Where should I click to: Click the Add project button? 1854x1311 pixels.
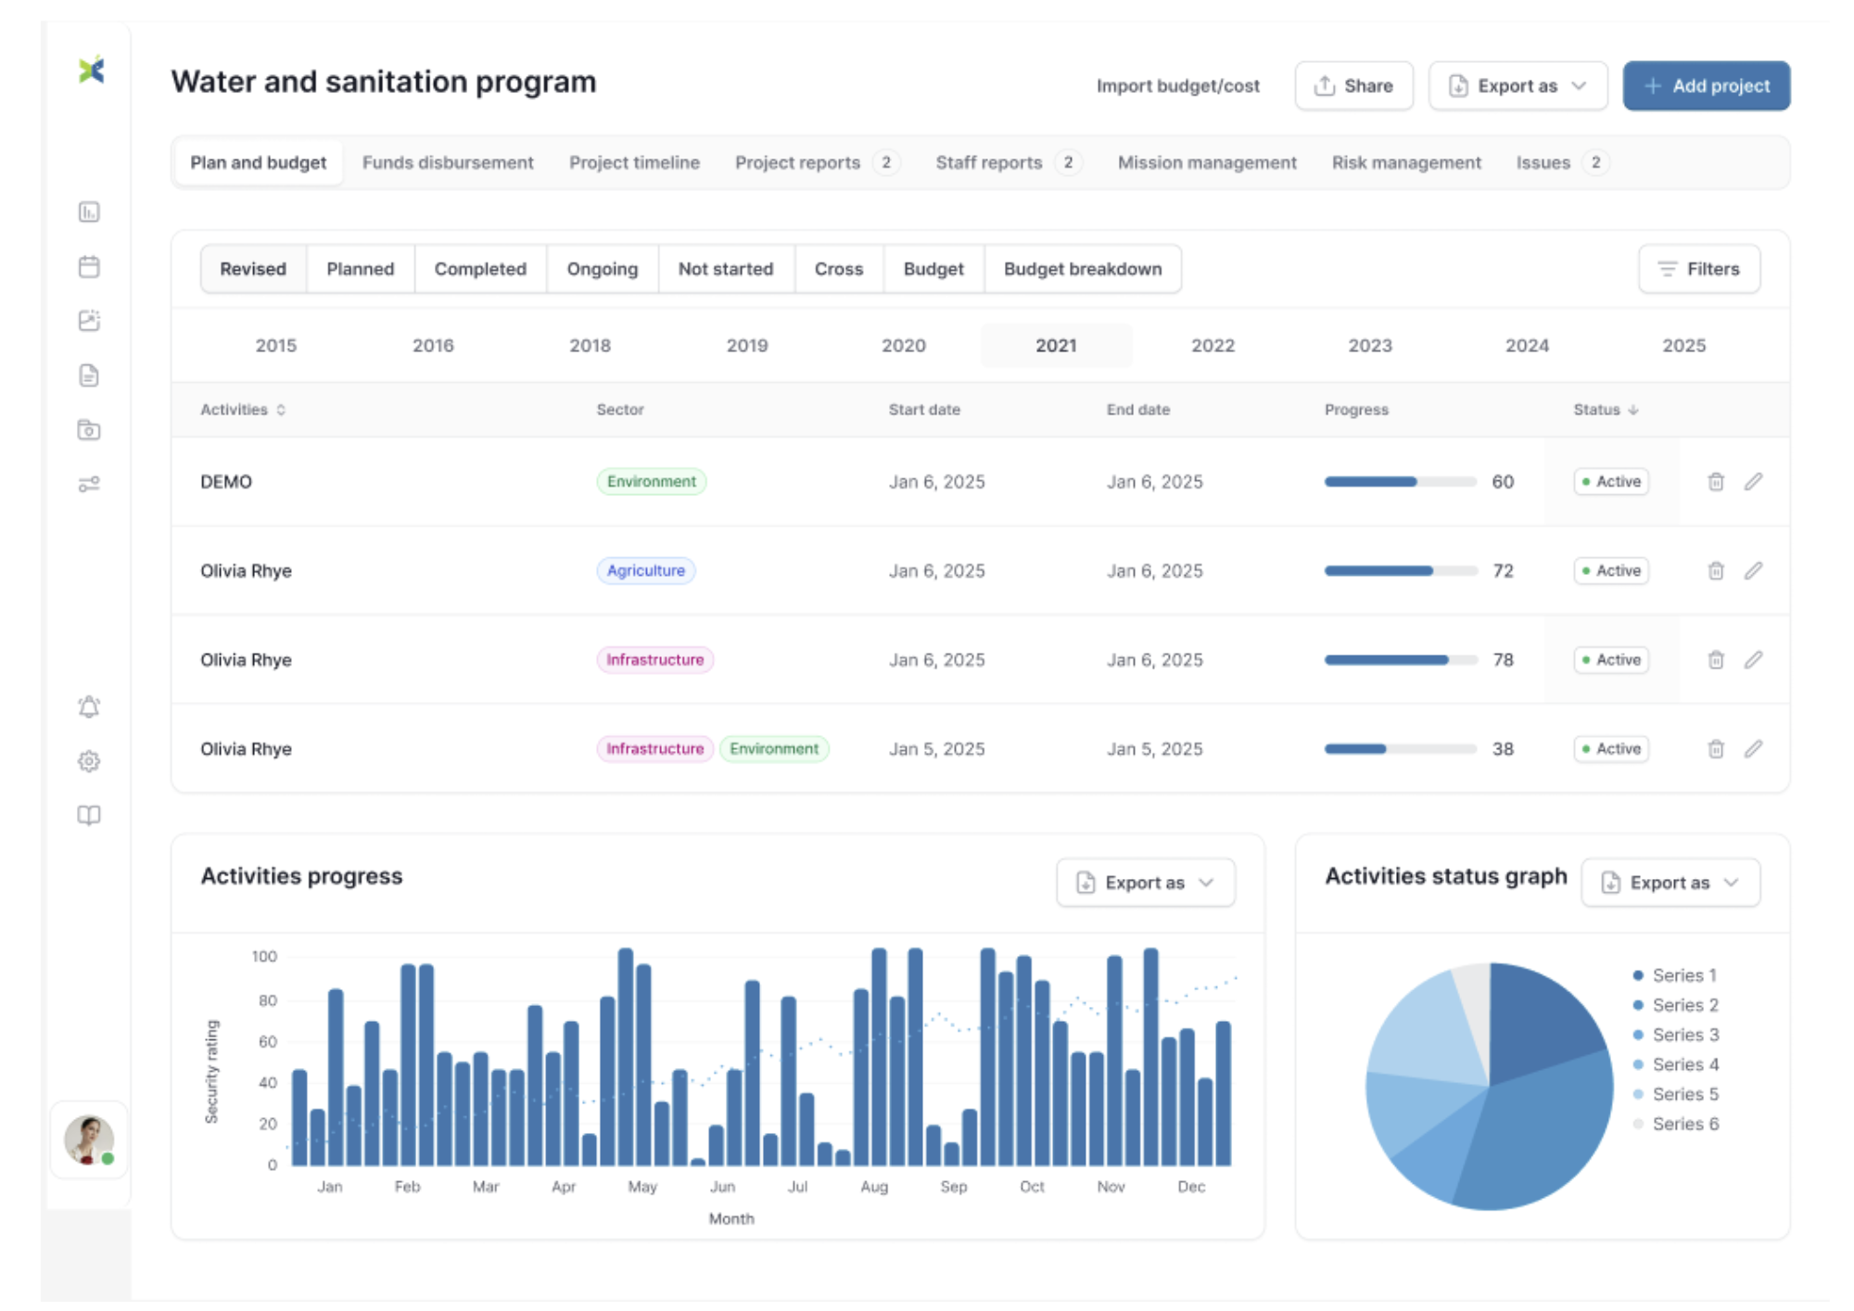1706,86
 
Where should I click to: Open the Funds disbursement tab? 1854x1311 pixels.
448,163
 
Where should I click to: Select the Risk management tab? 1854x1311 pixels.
1405,163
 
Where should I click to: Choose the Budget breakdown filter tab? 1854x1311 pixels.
1082,269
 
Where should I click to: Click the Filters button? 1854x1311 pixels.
1698,269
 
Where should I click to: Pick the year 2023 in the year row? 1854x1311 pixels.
1369,346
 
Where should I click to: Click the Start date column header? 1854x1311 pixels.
923,410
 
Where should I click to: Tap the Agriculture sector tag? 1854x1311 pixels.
645,571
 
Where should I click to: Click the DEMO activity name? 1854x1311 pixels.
226,482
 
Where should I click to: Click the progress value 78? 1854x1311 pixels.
1503,660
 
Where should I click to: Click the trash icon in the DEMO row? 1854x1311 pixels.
1716,482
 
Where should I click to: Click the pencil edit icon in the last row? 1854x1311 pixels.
1753,749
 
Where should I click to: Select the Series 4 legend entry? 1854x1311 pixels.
1684,1064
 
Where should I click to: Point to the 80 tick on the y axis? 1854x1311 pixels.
267,1001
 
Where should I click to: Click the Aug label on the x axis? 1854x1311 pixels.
874,1187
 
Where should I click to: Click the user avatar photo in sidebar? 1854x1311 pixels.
88,1139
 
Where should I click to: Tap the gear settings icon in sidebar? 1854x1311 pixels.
89,761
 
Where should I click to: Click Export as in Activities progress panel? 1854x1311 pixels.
1145,883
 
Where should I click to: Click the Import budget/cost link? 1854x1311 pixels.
1177,86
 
